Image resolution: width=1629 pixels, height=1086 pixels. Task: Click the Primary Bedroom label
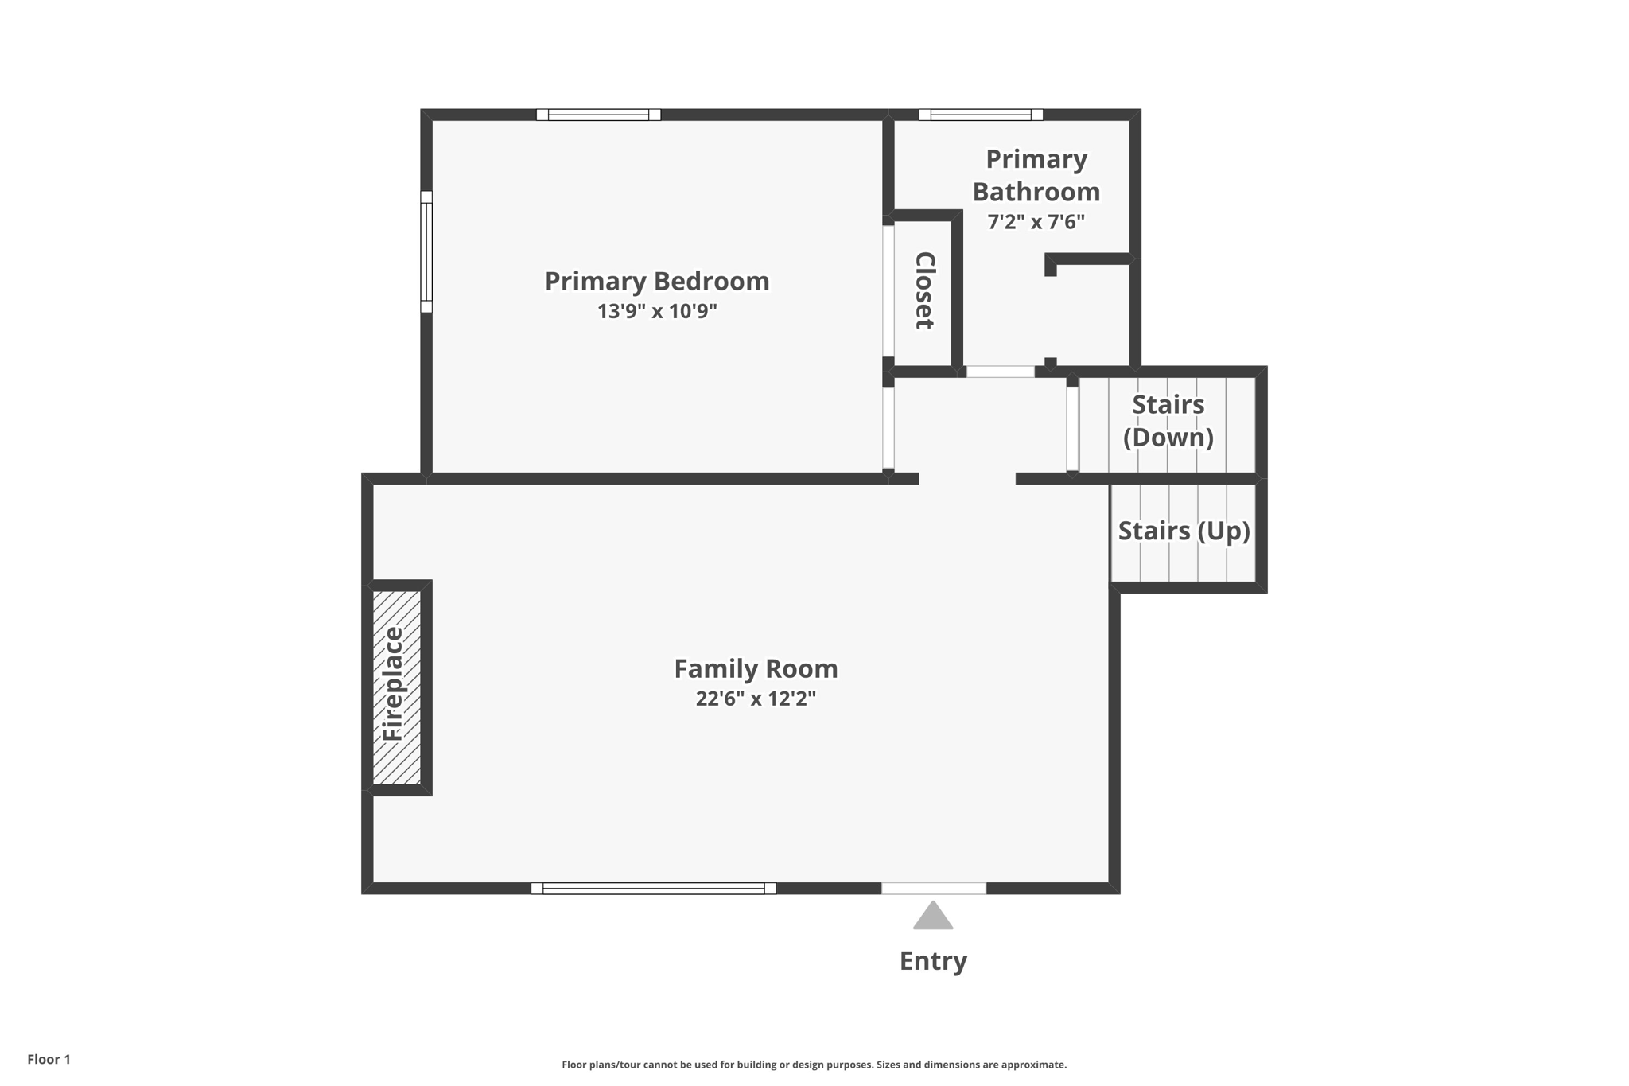click(656, 281)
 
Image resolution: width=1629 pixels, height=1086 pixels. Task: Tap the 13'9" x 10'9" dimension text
click(657, 311)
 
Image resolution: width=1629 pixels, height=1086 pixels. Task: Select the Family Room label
click(756, 668)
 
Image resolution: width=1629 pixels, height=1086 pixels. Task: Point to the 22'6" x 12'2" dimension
click(756, 699)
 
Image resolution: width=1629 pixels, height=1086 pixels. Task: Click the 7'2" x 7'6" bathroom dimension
click(1036, 222)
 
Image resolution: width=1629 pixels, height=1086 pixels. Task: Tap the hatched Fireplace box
click(397, 687)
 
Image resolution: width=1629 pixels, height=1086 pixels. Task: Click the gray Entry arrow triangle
click(933, 917)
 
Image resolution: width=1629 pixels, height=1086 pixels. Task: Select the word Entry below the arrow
click(933, 961)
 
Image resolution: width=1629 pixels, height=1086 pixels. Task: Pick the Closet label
click(924, 290)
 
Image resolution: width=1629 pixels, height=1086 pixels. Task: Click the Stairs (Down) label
click(1168, 421)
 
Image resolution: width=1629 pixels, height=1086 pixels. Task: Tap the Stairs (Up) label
click(1184, 531)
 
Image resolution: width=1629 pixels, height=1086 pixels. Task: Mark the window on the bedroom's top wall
click(598, 115)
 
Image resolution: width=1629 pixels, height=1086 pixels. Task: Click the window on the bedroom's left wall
click(426, 251)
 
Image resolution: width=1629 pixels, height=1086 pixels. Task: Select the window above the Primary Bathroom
click(981, 115)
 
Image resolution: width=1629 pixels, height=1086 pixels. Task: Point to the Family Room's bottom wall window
click(653, 888)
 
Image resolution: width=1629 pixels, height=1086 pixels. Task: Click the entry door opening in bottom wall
click(934, 888)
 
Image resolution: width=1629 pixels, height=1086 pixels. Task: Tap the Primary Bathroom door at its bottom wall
click(1000, 372)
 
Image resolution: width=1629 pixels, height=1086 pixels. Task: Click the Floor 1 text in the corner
click(49, 1059)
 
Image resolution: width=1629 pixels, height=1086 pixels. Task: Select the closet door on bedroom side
click(888, 290)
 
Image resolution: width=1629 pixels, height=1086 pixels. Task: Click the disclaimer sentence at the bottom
click(814, 1065)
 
